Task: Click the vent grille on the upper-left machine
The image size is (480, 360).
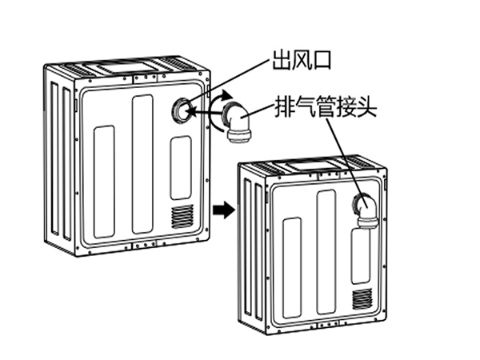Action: pos(182,216)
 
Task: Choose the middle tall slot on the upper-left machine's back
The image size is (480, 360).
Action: pos(142,164)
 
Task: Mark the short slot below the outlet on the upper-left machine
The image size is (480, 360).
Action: pos(181,166)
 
